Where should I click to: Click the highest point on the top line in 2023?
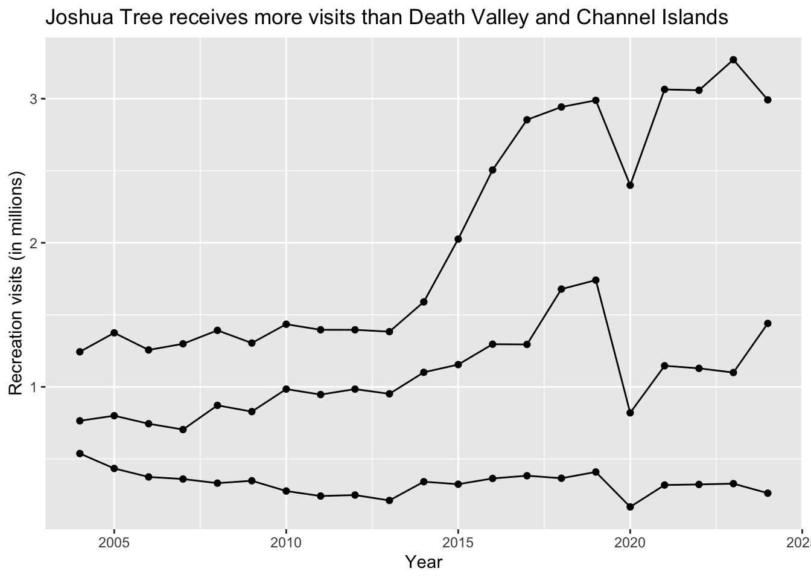tap(733, 60)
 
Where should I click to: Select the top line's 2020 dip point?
tap(630, 185)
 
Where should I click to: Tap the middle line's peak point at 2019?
tap(596, 280)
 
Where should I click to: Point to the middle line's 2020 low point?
tap(630, 413)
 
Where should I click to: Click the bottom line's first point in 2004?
tap(80, 453)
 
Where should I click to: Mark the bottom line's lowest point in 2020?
tap(630, 507)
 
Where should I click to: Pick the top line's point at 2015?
tap(458, 239)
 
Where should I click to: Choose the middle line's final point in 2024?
tap(768, 323)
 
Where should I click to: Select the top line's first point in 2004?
tap(80, 352)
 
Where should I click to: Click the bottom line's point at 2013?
tap(389, 500)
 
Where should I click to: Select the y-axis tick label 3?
tap(34, 98)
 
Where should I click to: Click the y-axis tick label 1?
tap(34, 387)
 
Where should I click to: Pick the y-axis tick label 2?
tap(34, 243)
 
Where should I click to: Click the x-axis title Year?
tap(424, 562)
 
